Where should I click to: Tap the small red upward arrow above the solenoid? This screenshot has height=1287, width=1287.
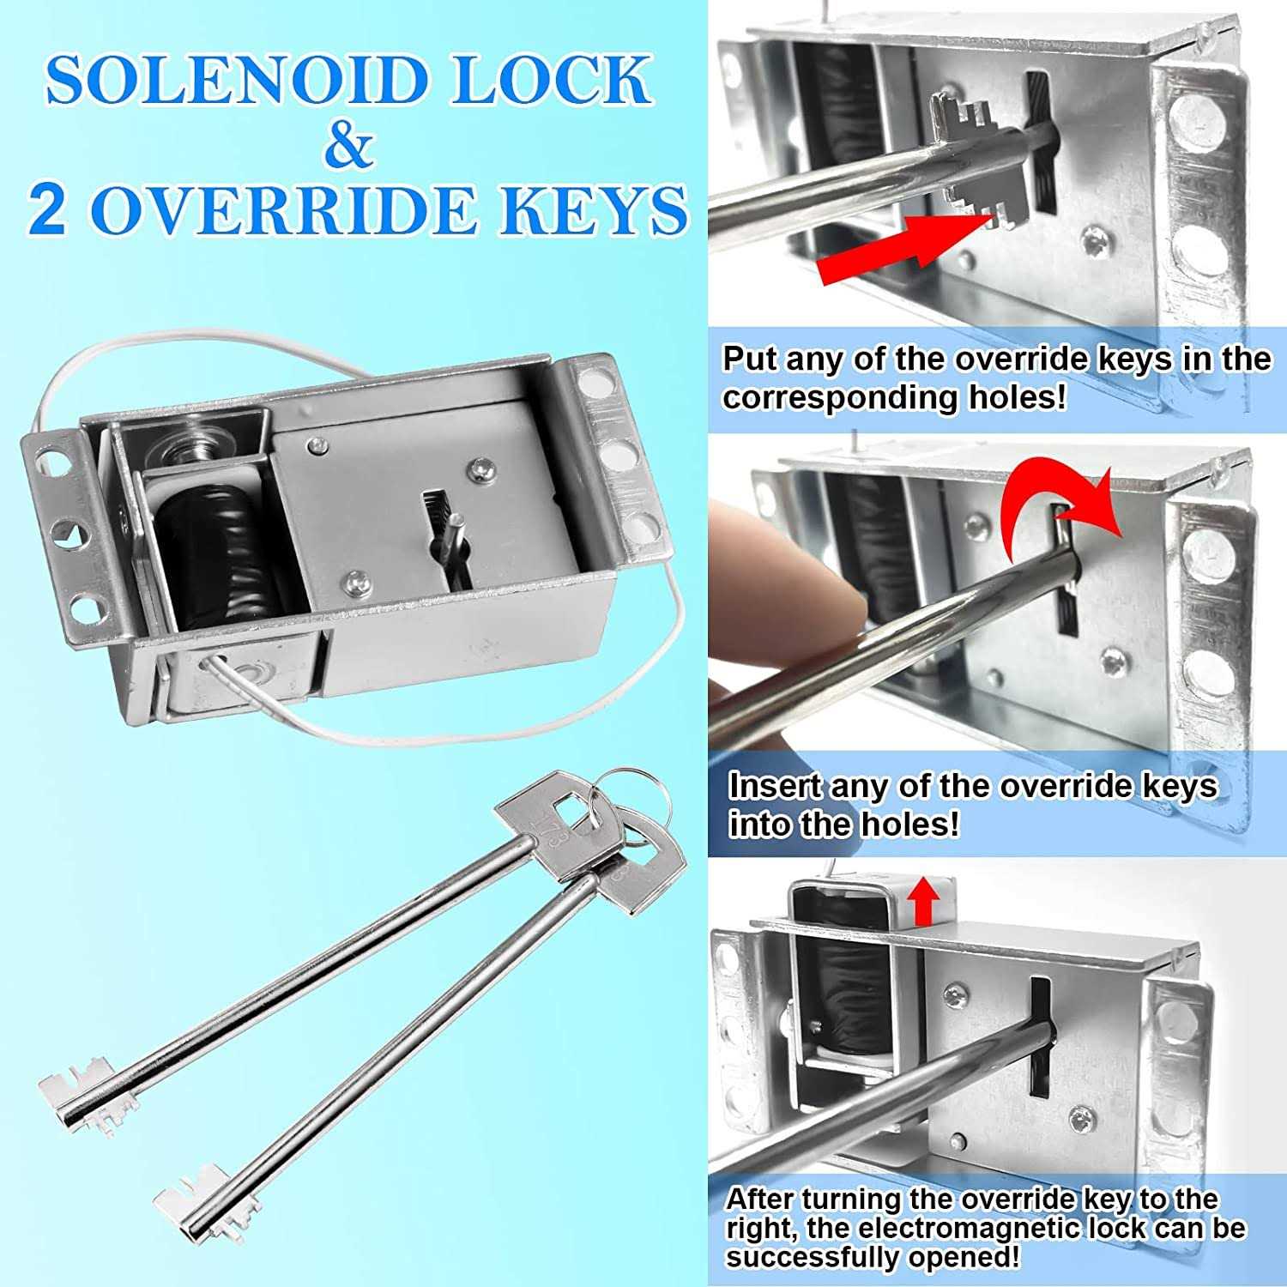click(x=923, y=903)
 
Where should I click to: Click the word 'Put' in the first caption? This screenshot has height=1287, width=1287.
click(x=751, y=359)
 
